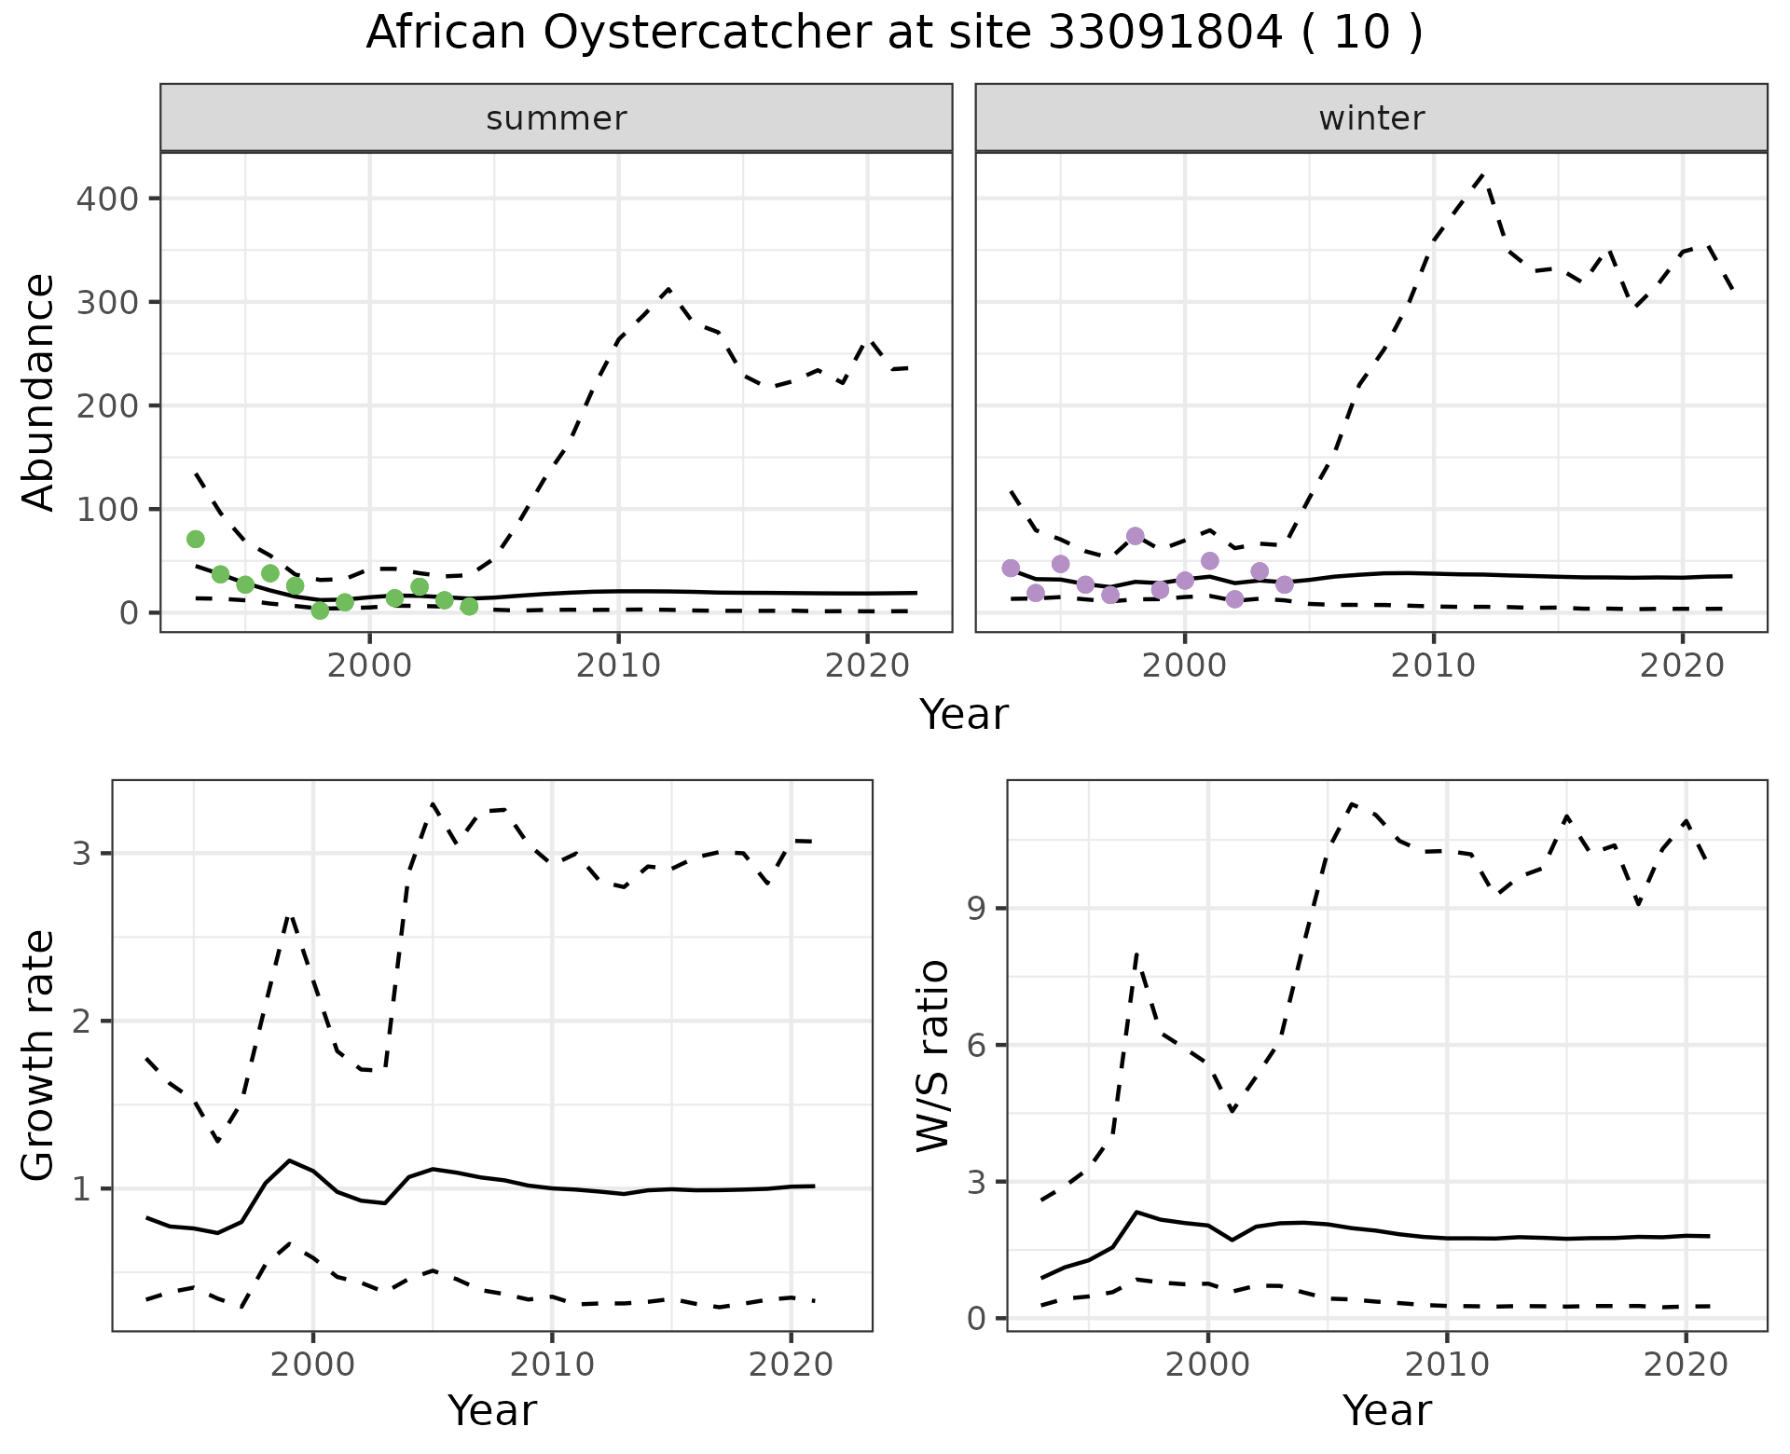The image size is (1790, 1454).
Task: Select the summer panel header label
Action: coord(557,118)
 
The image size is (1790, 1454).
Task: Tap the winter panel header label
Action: coord(1371,118)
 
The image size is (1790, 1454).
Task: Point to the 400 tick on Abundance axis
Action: coord(106,199)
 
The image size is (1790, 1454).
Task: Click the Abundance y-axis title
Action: coord(39,391)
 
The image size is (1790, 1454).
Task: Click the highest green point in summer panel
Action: coord(196,539)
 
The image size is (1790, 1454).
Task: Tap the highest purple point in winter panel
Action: coord(1135,536)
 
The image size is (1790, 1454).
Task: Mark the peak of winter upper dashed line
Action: coord(1482,174)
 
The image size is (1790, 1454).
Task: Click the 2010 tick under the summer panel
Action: coord(618,665)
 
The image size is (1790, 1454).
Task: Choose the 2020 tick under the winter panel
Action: coord(1683,665)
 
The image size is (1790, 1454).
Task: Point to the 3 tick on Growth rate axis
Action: coord(88,854)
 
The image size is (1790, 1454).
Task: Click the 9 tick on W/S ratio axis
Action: coord(977,909)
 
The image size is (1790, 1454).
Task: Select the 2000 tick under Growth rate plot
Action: coord(313,1365)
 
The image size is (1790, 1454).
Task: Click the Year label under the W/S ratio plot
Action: coord(1386,1411)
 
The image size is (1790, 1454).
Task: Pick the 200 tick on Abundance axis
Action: coord(106,405)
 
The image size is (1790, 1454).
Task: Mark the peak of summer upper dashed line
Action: coord(668,290)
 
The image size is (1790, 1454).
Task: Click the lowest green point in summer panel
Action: coord(320,610)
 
